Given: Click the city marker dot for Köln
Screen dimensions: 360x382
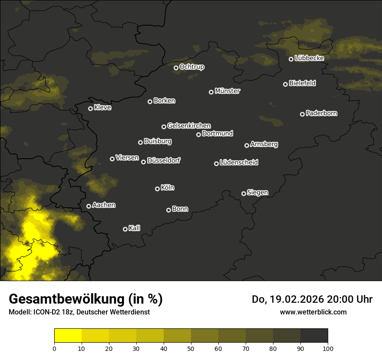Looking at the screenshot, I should point(157,189).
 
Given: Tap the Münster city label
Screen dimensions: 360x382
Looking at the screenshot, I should point(227,91).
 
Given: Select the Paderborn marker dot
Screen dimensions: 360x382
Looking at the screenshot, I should point(302,114).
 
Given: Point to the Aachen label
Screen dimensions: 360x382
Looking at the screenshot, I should point(104,205).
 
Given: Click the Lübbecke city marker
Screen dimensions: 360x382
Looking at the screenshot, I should point(291,59).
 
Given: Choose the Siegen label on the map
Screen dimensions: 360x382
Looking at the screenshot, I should point(257,193).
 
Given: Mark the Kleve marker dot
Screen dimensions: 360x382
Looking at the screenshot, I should point(90,108).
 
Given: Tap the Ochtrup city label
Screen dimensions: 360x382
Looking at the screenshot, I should point(192,67).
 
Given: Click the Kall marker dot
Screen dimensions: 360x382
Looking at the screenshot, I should point(125,229).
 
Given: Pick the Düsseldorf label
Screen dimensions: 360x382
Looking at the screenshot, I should point(164,160).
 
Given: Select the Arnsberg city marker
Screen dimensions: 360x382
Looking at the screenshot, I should point(247,145).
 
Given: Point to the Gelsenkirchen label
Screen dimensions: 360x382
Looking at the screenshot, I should point(189,126).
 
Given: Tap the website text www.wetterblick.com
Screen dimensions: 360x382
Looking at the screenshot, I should point(313,312).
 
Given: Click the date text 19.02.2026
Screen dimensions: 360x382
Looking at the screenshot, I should point(295,299).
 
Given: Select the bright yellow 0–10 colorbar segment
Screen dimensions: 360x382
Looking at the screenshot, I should point(68,336).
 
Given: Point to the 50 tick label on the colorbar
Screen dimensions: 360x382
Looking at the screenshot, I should point(191,348).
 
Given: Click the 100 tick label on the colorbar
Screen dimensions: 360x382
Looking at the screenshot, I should point(328,348).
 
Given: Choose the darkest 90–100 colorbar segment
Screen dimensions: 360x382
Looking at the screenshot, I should point(314,336).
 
